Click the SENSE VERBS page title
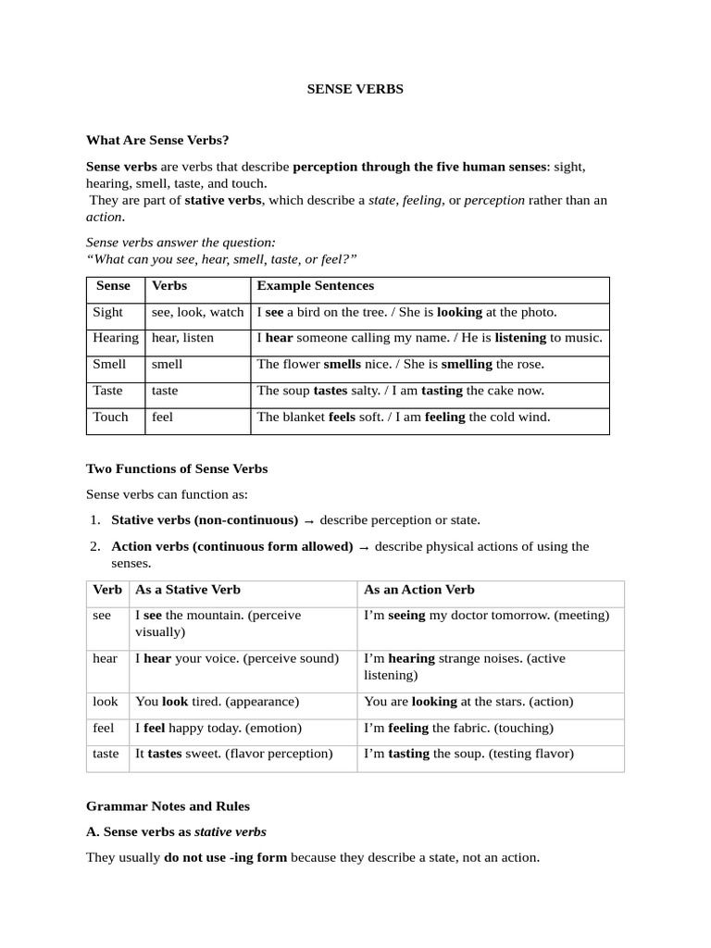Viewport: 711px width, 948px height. pyautogui.click(x=355, y=90)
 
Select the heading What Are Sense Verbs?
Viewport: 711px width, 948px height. pyautogui.click(x=156, y=141)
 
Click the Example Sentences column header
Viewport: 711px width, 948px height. pyautogui.click(x=315, y=286)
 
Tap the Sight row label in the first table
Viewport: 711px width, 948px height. pyautogui.click(x=107, y=313)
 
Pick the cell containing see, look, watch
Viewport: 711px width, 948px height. pyautogui.click(x=197, y=313)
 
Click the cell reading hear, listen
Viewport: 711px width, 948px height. pyautogui.click(x=182, y=339)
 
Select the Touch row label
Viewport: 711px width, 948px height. pyautogui.click(x=110, y=418)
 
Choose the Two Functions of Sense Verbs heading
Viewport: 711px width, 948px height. pyautogui.click(x=176, y=469)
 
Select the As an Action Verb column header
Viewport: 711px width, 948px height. pyautogui.click(x=418, y=590)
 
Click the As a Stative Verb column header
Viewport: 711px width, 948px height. pyautogui.click(x=187, y=590)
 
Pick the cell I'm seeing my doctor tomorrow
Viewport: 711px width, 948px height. pyautogui.click(x=486, y=616)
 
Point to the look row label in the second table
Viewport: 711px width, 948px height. pyautogui.click(x=105, y=702)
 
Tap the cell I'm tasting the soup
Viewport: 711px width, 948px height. pyautogui.click(x=468, y=754)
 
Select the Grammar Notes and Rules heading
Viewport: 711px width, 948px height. pyautogui.click(x=168, y=806)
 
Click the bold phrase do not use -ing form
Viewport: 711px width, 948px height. pyautogui.click(x=225, y=858)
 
